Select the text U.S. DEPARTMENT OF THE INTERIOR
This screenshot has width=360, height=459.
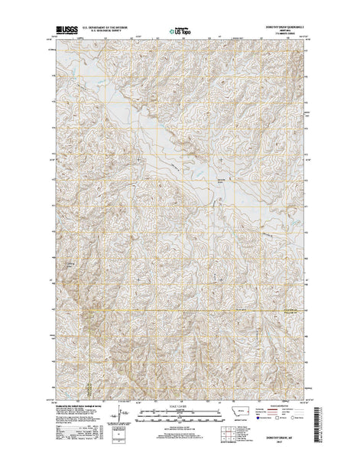(x=99, y=28)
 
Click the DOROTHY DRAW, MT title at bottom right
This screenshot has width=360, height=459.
(x=289, y=439)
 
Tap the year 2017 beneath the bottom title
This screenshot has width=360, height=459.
(x=289, y=444)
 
